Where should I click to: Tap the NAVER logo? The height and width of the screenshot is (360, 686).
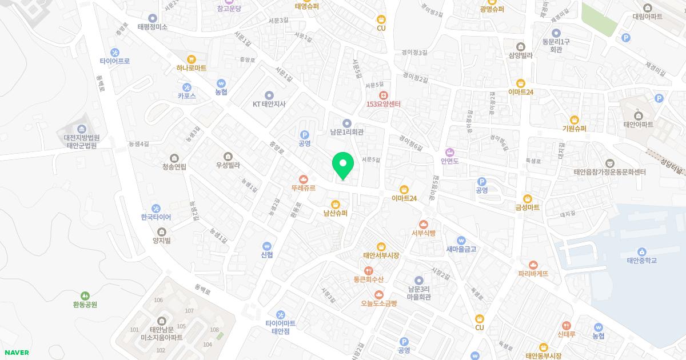(16, 353)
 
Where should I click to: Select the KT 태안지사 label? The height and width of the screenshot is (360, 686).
(269, 104)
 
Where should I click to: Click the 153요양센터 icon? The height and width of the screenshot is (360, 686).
(383, 94)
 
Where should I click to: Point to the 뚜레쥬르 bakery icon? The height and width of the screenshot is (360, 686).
(304, 178)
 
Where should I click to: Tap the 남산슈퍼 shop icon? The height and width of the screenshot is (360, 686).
(336, 204)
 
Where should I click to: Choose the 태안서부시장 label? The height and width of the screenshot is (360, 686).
(381, 255)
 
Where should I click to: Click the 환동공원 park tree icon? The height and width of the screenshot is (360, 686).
(85, 295)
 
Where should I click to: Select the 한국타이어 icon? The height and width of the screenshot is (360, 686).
(156, 208)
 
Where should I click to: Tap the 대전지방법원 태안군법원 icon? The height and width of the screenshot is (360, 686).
(82, 129)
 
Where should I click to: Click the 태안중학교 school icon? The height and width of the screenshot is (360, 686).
(642, 251)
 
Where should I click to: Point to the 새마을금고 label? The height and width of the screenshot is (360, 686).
(461, 249)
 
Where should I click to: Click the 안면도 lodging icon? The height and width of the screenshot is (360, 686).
(450, 152)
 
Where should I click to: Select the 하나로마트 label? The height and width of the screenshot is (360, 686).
(192, 67)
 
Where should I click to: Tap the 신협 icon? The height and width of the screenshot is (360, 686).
(266, 245)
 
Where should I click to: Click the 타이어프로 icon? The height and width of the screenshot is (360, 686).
(115, 52)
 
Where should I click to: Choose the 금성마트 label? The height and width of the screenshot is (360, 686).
(527, 207)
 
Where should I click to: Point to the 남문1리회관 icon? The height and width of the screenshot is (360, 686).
(346, 123)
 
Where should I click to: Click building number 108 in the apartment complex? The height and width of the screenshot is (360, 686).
(214, 330)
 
